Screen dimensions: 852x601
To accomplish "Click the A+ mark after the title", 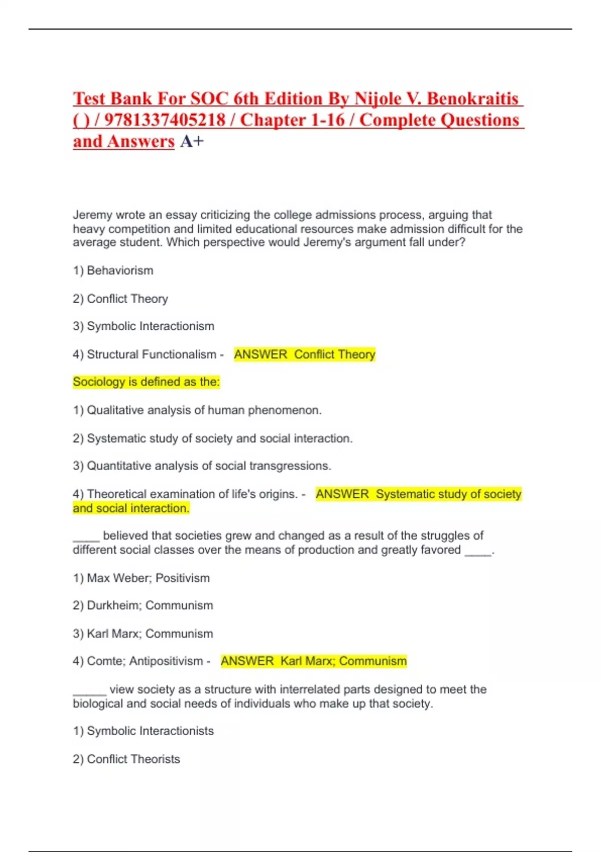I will pos(192,142).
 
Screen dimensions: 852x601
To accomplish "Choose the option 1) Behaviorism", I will pos(113,271).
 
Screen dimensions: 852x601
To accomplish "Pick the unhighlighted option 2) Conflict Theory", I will pos(120,299).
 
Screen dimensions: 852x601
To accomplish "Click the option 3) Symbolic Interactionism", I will pos(143,326).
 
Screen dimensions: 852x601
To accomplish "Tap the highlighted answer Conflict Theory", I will pos(334,354).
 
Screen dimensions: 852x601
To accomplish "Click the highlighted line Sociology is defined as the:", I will pos(146,382).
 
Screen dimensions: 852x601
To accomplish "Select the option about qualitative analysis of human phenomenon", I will pos(197,410).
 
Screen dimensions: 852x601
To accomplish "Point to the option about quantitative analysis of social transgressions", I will pos(202,466).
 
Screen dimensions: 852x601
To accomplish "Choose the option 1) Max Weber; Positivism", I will pos(141,578).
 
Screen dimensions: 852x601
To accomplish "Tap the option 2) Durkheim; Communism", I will pos(143,605).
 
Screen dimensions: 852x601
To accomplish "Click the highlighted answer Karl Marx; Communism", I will pos(343,661).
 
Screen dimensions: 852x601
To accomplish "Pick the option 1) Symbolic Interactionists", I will pos(143,731).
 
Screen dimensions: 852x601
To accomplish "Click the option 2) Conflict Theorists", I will pos(126,759).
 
